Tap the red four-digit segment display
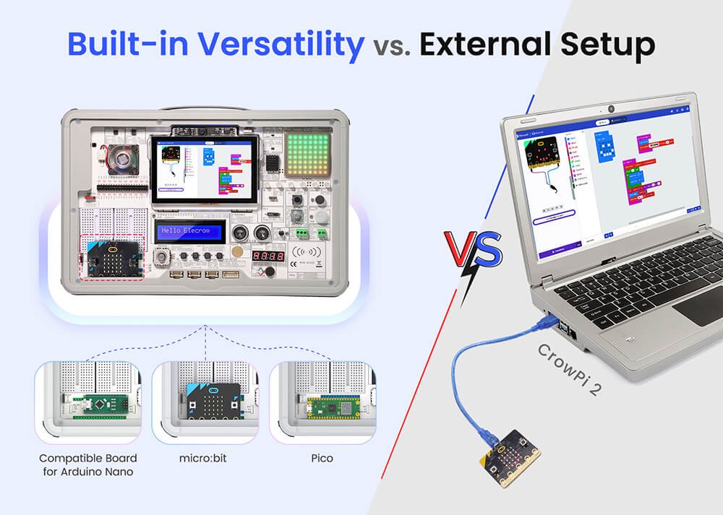(267, 256)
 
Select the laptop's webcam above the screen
(611, 110)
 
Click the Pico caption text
(322, 458)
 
